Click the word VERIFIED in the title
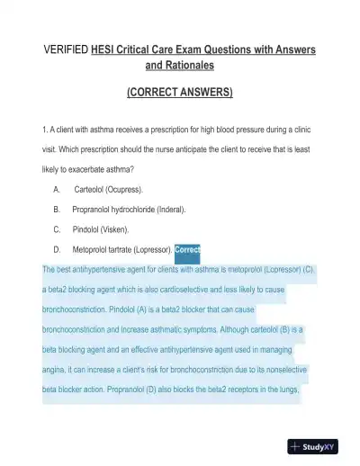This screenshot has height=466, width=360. click(x=67, y=49)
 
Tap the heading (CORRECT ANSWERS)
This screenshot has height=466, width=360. click(x=179, y=93)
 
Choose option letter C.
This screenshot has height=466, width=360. click(x=57, y=229)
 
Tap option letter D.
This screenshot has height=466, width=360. click(x=57, y=249)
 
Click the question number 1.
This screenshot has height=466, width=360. click(x=44, y=129)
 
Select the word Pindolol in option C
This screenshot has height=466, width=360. click(x=88, y=229)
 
